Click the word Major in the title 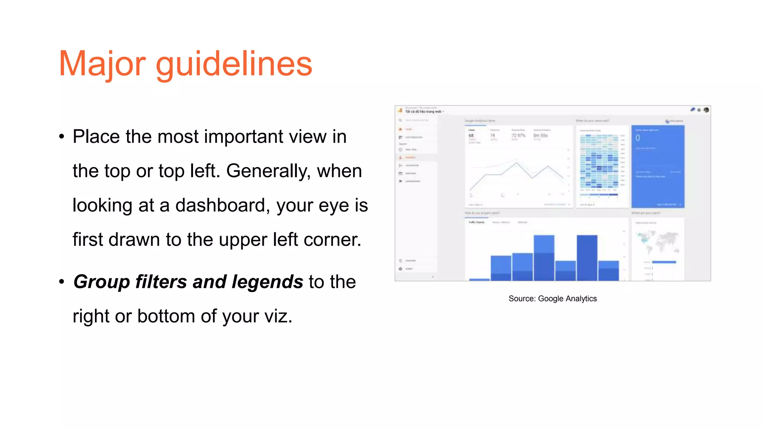pos(102,64)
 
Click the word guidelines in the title pos(234,64)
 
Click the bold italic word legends pos(267,282)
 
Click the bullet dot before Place pos(62,136)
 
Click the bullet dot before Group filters pos(62,282)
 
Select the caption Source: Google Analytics pos(553,299)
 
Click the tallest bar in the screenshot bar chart pos(587,258)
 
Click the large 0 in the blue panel pos(638,138)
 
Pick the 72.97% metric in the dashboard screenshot pos(518,136)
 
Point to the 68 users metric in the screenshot pos(471,136)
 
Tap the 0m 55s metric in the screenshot pos(540,136)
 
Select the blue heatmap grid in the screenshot pos(599,162)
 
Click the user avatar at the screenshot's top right pos(706,110)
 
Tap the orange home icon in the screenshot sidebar pos(401,129)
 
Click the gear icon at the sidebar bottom pos(401,268)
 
